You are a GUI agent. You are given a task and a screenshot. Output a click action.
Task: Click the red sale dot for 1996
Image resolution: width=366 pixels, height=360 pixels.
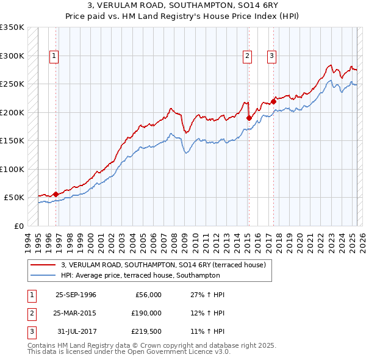click(x=56, y=194)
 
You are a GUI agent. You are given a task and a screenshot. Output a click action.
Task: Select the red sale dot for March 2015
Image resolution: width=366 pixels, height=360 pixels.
click(x=249, y=118)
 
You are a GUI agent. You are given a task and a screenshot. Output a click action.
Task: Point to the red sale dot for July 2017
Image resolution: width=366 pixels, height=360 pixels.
click(x=273, y=101)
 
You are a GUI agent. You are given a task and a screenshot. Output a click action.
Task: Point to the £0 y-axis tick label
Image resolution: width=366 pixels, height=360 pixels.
click(x=19, y=226)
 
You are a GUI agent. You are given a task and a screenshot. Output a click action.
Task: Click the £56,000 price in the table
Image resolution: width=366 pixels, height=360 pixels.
click(x=148, y=295)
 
